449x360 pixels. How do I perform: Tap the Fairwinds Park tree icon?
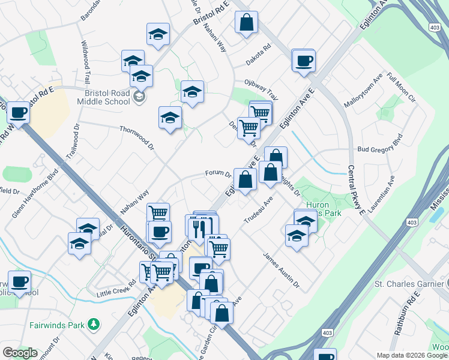point(93,325)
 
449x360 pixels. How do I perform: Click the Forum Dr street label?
point(218,173)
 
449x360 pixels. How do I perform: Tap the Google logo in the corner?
point(20,353)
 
